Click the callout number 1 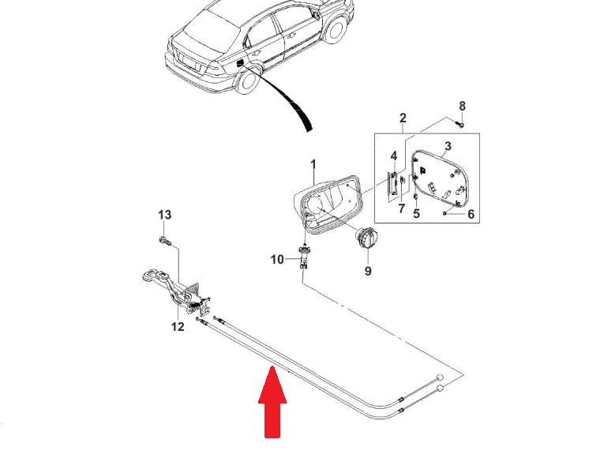tap(313, 164)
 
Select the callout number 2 tap(403, 119)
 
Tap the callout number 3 tap(448, 146)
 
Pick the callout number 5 tap(416, 213)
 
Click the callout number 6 tap(471, 213)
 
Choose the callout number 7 tap(401, 208)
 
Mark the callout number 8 tap(463, 106)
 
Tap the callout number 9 tap(367, 271)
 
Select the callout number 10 tap(276, 259)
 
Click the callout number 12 tap(178, 326)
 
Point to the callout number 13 tap(164, 215)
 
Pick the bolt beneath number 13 tap(164, 239)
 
